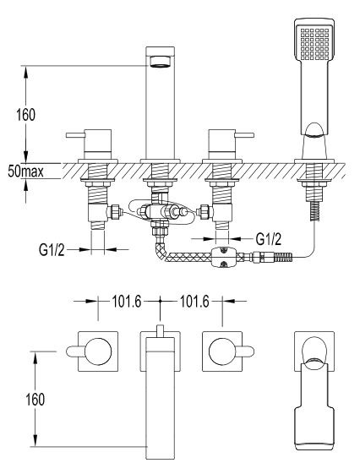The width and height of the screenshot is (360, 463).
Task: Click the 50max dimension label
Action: coord(25,172)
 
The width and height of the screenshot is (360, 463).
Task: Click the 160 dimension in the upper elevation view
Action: coord(25,115)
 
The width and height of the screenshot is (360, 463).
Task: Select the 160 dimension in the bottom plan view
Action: coord(35,400)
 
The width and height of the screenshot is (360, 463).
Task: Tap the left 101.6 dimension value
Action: coord(127,302)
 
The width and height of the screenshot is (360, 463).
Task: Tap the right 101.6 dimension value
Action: coord(194,302)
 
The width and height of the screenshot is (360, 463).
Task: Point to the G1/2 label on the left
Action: coord(52,250)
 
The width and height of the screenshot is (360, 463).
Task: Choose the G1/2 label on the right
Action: coord(269,239)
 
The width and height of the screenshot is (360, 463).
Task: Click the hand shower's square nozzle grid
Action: coord(314,44)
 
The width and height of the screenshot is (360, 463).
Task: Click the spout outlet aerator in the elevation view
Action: coord(161,62)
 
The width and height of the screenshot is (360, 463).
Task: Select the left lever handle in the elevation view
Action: coord(75,135)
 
